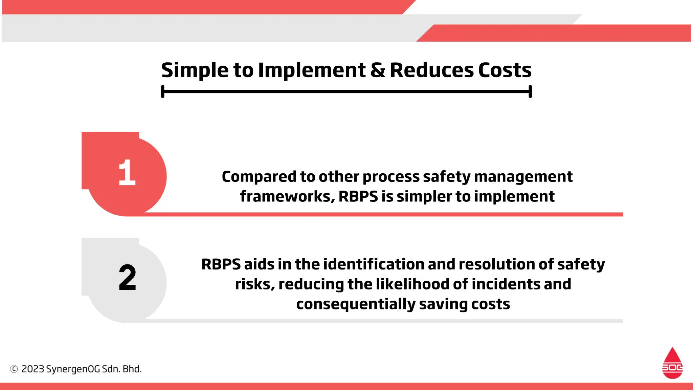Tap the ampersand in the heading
[378, 70]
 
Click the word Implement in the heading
[312, 70]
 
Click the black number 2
[127, 278]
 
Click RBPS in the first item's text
[358, 196]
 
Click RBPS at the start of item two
[221, 264]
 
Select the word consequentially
[356, 304]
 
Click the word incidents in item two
[506, 284]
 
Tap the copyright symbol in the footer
[14, 369]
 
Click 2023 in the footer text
[32, 369]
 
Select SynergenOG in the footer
[73, 369]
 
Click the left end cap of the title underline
[163, 91]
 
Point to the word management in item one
[523, 177]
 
